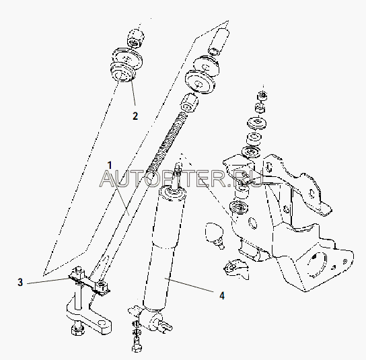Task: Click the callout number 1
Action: pyautogui.click(x=110, y=166)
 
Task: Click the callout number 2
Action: pyautogui.click(x=135, y=116)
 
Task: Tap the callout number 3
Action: pyautogui.click(x=20, y=282)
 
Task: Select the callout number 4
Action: pyautogui.click(x=222, y=296)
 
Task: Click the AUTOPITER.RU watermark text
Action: pyautogui.click(x=182, y=179)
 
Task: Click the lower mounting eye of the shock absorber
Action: pyautogui.click(x=152, y=320)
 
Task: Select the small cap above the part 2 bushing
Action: pyautogui.click(x=135, y=38)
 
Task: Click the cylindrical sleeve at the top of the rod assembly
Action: pyautogui.click(x=219, y=42)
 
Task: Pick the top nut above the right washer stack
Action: pyautogui.click(x=262, y=96)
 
